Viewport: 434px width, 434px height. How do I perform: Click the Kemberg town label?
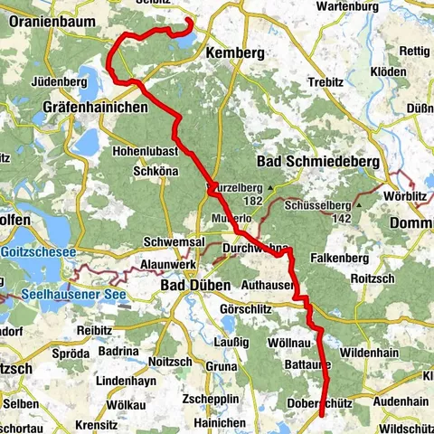(x=235, y=53)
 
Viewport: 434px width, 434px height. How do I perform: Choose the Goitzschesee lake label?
(x=37, y=253)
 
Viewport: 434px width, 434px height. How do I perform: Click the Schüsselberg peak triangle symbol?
(x=359, y=205)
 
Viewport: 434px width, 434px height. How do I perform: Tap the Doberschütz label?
(x=315, y=401)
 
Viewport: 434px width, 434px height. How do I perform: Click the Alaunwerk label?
(x=168, y=264)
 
